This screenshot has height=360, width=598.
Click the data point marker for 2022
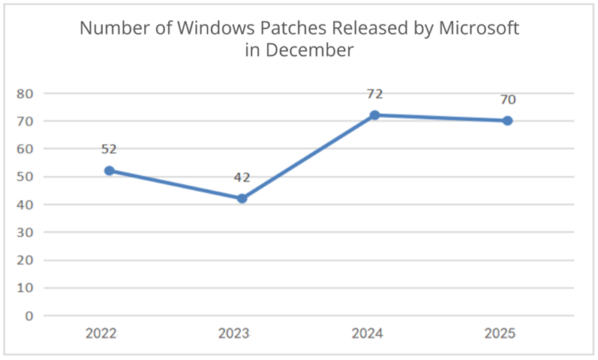[x=110, y=170]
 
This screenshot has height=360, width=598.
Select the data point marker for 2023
[x=242, y=198]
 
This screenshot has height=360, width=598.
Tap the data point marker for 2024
[x=374, y=115]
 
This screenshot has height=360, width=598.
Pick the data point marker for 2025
[x=507, y=120]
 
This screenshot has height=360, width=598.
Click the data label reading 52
[x=110, y=149]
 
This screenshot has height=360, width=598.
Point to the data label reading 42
[x=242, y=178]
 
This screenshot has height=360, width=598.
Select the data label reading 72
[x=374, y=94]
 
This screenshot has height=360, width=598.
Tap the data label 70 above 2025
[x=507, y=99]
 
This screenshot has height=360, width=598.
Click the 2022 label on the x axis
[x=101, y=334]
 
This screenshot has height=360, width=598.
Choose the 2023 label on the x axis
[x=234, y=334]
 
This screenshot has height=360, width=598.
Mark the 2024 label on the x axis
[x=367, y=334]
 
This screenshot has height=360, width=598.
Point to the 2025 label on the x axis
[x=500, y=334]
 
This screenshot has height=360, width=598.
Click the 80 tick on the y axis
[x=25, y=93]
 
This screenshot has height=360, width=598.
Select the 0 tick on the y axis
[x=29, y=315]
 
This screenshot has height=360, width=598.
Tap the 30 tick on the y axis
[x=25, y=232]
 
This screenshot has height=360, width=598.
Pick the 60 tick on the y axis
[x=25, y=148]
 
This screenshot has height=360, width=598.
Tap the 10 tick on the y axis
[x=25, y=287]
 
